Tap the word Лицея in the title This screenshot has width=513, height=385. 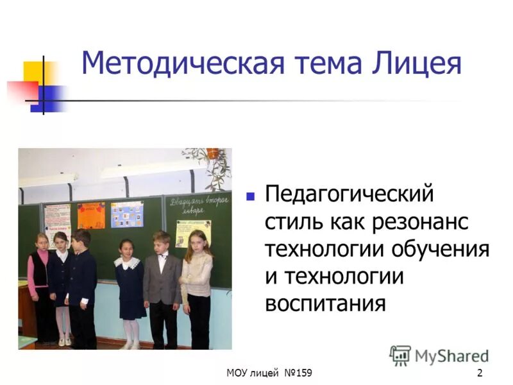(x=419, y=64)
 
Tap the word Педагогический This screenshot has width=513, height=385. (x=349, y=194)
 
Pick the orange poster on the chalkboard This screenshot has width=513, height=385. (x=91, y=216)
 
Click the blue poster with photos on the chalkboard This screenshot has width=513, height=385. (x=127, y=214)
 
